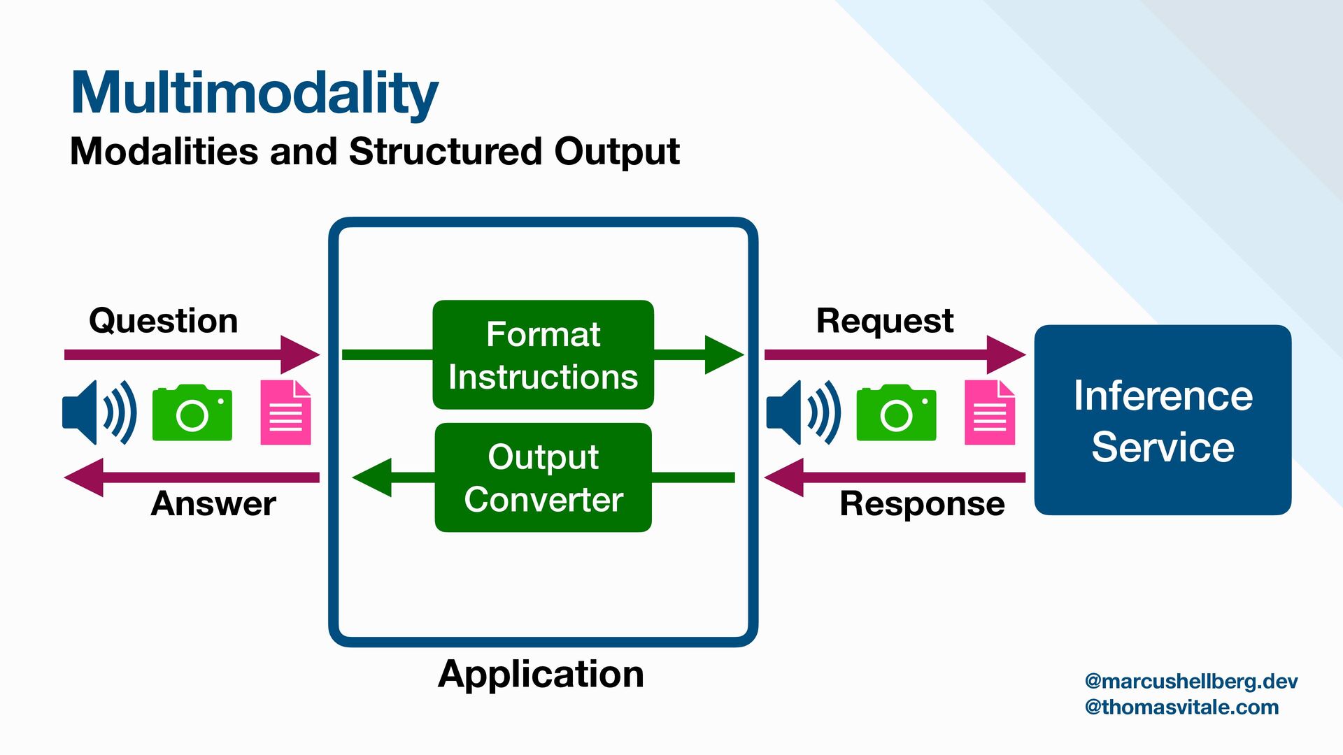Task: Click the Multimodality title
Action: click(x=255, y=94)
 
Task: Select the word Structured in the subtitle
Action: click(x=446, y=151)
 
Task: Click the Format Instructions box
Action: click(x=543, y=355)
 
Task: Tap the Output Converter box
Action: click(x=543, y=477)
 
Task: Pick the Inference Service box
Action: click(x=1163, y=420)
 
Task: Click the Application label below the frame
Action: click(x=541, y=675)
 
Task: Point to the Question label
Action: click(x=164, y=322)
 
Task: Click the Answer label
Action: click(x=213, y=503)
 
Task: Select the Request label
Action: click(x=885, y=322)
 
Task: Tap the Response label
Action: click(x=922, y=504)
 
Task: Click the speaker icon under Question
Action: click(x=99, y=412)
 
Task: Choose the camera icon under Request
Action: click(x=896, y=412)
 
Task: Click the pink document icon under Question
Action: click(x=285, y=412)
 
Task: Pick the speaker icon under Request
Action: click(x=804, y=412)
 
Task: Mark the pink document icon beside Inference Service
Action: click(x=990, y=412)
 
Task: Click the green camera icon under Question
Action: click(x=192, y=412)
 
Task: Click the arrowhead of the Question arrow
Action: click(x=301, y=354)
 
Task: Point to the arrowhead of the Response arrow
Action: click(x=783, y=477)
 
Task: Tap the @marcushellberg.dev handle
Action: click(x=1191, y=682)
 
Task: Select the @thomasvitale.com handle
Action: click(x=1181, y=707)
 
